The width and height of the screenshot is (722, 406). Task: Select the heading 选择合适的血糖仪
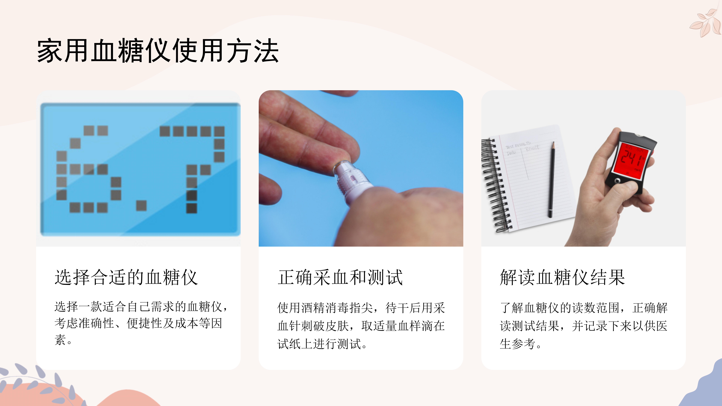pyautogui.click(x=126, y=277)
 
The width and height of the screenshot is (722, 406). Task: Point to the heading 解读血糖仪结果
pyautogui.click(x=562, y=277)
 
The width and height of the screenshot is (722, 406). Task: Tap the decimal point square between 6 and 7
pyautogui.click(x=141, y=205)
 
